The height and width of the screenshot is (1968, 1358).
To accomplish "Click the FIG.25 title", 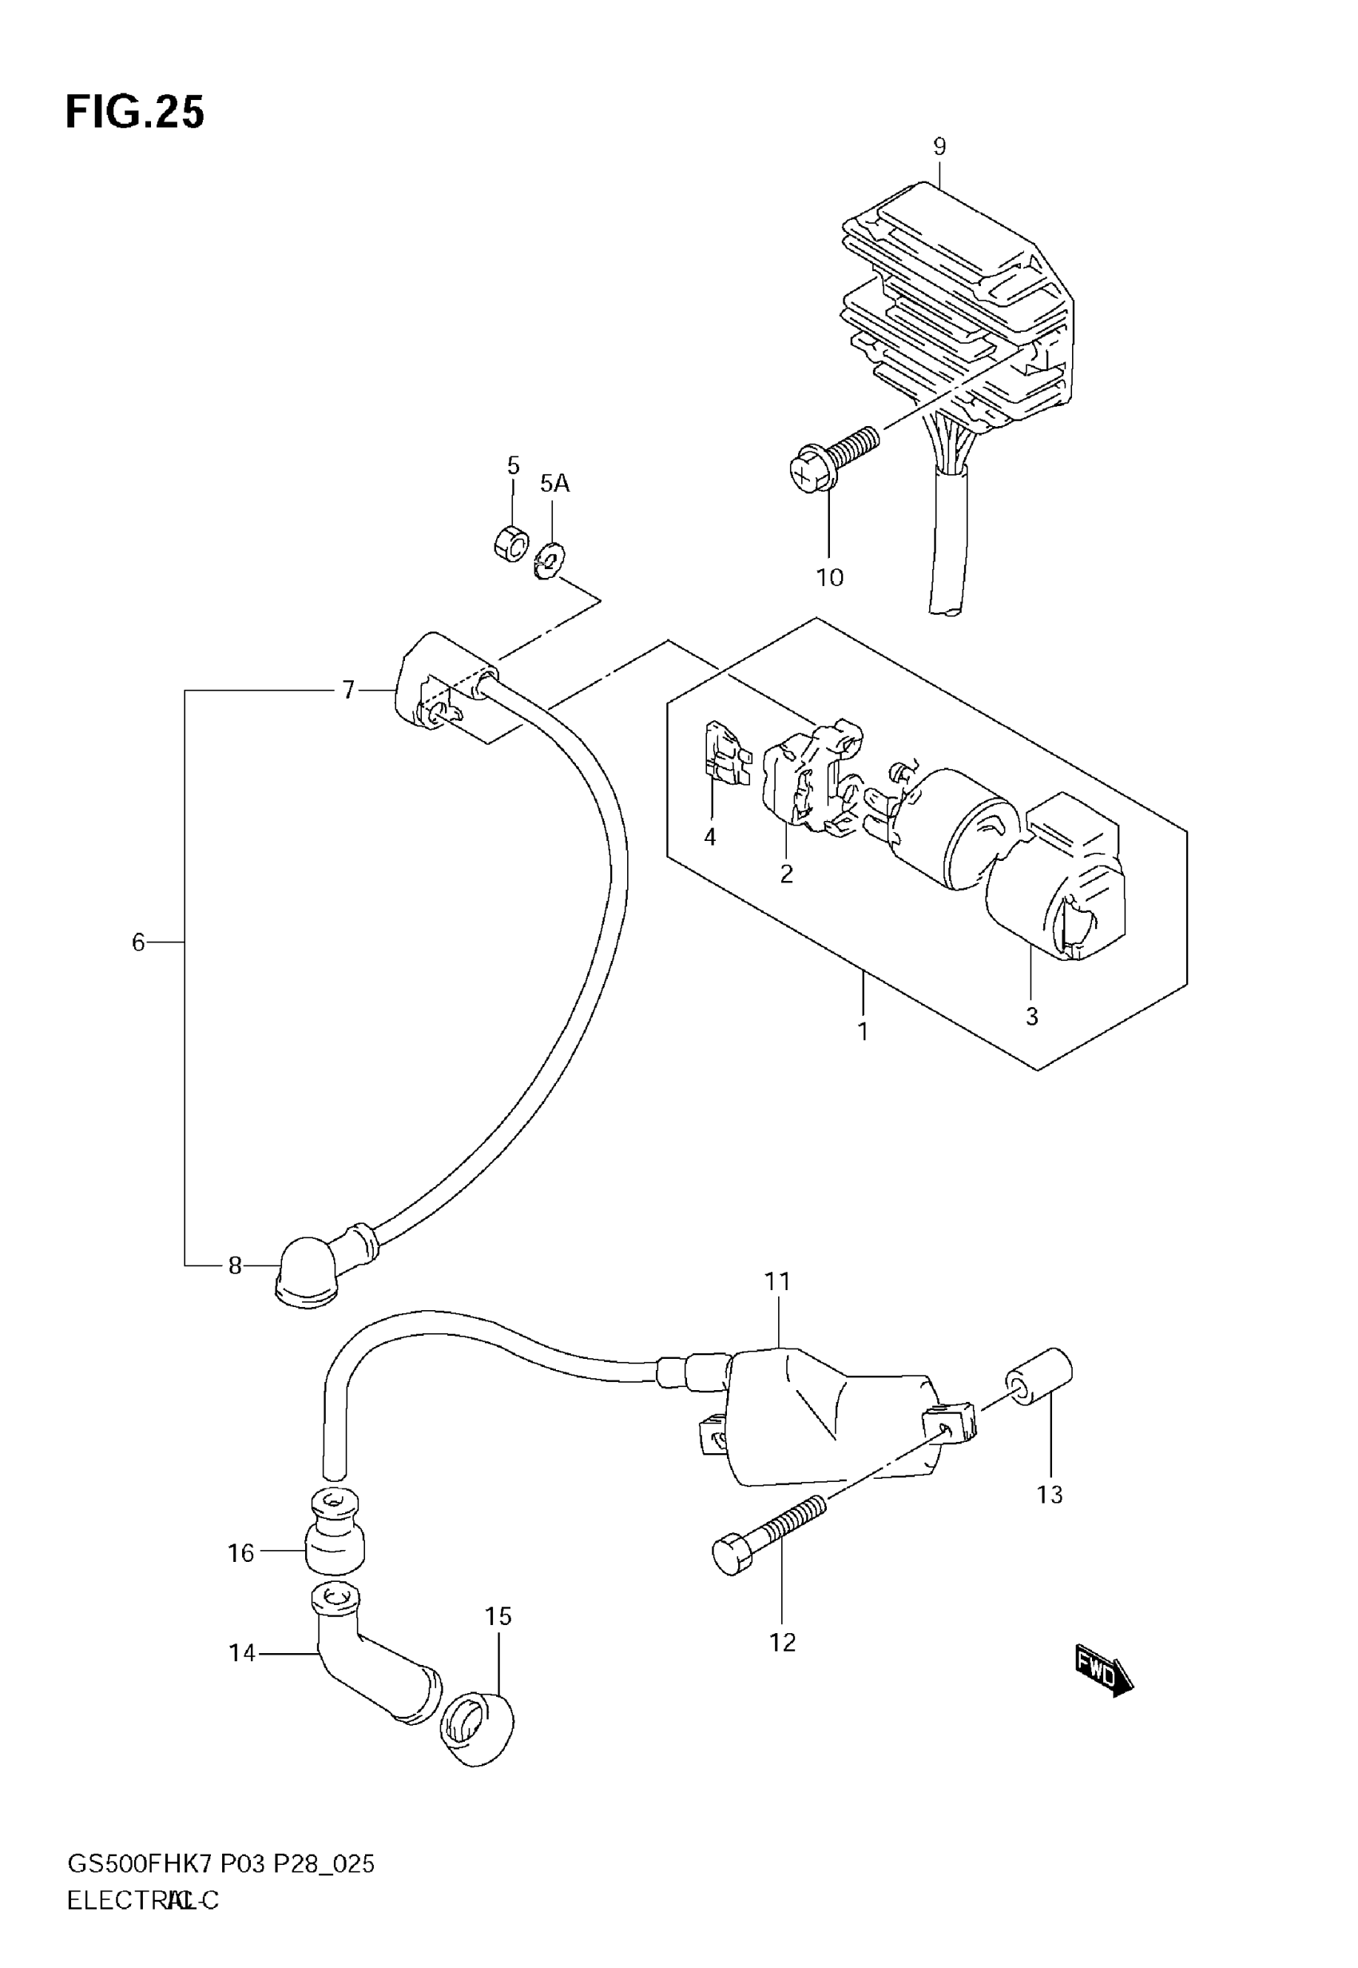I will click(134, 113).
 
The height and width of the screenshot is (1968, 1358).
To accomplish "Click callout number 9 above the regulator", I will click(939, 146).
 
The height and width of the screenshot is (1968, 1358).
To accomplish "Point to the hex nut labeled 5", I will click(510, 543).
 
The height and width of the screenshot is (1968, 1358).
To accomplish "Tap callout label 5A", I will click(554, 484).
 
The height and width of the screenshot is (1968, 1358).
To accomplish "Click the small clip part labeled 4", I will click(725, 751).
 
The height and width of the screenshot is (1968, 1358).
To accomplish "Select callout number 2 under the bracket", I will click(786, 874).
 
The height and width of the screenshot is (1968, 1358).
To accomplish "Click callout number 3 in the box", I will click(1031, 1015).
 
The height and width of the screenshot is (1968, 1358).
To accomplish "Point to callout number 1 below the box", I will click(863, 1031).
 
